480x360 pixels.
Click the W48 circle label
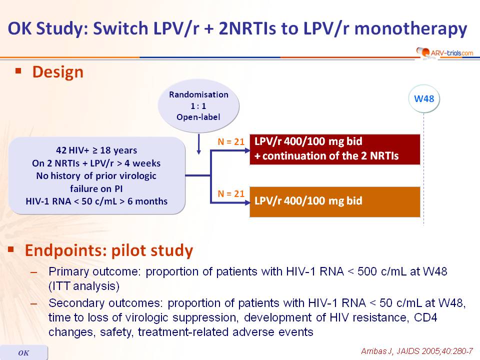[x=424, y=98]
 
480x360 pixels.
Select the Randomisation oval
[x=198, y=105]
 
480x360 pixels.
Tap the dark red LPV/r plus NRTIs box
[x=335, y=149]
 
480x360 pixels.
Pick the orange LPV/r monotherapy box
[x=335, y=201]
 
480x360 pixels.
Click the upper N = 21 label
[x=231, y=141]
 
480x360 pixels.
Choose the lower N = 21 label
[x=231, y=194]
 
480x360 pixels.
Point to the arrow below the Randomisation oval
[x=198, y=144]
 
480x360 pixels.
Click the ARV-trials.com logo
[x=445, y=52]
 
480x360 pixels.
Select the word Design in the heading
[x=58, y=72]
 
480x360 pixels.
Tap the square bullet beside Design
[x=18, y=71]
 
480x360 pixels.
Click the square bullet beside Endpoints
[x=11, y=249]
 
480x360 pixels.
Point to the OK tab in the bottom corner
[x=24, y=352]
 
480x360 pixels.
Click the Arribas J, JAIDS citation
[x=417, y=351]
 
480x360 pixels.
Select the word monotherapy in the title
[x=411, y=29]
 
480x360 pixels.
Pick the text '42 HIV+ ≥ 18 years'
[x=96, y=150]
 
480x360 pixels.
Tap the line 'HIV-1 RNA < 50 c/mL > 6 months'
[x=96, y=201]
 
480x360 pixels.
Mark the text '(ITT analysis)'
[x=84, y=286]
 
